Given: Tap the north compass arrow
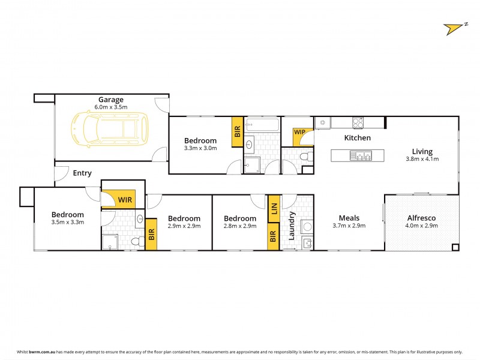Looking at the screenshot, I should click(454, 28).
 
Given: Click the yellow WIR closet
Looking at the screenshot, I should click(124, 199).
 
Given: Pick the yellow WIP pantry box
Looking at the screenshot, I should click(299, 133).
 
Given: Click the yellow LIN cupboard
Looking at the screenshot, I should click(274, 209).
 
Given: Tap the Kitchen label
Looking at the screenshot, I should click(357, 138).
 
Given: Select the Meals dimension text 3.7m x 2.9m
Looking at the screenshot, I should click(349, 226).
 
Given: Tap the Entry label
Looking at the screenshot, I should click(82, 173).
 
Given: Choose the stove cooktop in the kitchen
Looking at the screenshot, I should click(358, 122).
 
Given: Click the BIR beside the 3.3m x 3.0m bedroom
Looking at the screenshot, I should click(236, 132).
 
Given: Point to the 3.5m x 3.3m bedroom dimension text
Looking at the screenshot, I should click(67, 222).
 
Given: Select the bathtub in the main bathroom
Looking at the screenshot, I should click(262, 125).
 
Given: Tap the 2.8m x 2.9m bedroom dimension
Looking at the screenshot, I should click(240, 226).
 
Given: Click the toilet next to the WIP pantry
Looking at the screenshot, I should click(305, 157).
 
